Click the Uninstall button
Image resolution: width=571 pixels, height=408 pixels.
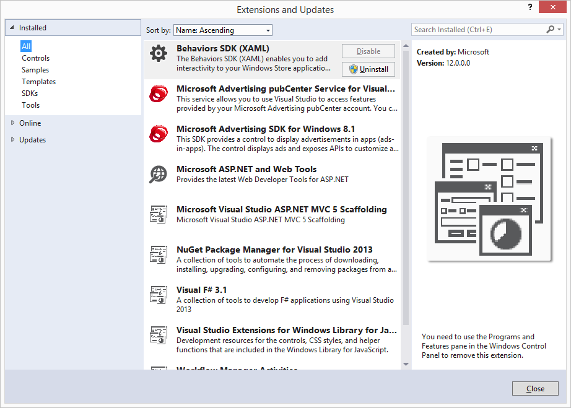(x=368, y=69)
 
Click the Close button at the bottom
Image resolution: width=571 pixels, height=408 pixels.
(x=535, y=389)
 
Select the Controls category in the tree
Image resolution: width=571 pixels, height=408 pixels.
(x=35, y=58)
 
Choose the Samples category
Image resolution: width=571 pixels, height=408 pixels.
(x=35, y=70)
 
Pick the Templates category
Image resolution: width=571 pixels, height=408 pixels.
(x=38, y=82)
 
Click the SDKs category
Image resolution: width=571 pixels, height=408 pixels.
(x=30, y=93)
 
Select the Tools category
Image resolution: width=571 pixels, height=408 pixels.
(x=31, y=105)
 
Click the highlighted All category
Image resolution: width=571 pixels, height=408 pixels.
(x=26, y=46)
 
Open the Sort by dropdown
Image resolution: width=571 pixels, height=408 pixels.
(x=223, y=30)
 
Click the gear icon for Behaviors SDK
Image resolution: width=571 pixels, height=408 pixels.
(x=159, y=53)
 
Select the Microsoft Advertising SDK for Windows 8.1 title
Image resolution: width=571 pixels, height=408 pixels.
(x=266, y=129)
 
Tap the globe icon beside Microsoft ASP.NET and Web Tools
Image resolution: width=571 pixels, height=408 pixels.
(x=159, y=174)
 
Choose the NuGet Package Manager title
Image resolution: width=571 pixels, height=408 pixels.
(x=274, y=250)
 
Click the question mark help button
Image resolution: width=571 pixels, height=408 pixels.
(x=530, y=7)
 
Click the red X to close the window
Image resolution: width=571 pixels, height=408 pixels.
(x=552, y=7)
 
